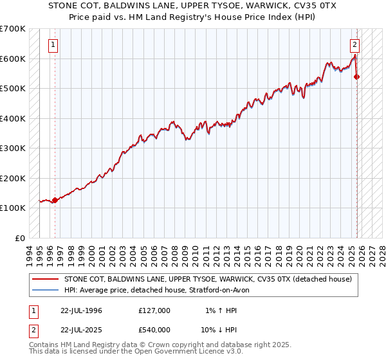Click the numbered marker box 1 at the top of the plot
52,45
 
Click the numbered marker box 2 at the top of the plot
354,45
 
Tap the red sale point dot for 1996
55,200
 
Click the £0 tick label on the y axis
20,238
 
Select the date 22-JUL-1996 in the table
77,310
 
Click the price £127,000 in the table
154,310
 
